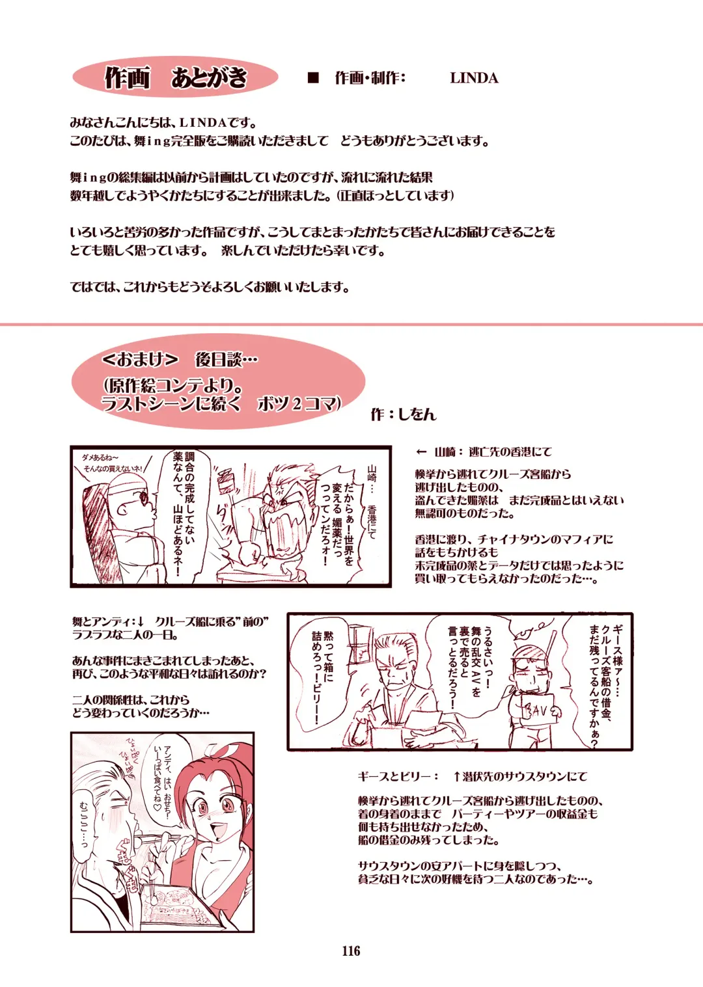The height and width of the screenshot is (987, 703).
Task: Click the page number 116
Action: click(x=351, y=951)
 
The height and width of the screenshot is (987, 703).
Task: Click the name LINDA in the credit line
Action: click(x=474, y=78)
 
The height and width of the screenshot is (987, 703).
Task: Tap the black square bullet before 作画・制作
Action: click(x=313, y=78)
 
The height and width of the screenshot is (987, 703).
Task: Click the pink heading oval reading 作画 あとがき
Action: click(x=176, y=77)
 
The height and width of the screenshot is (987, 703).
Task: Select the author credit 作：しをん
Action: click(x=404, y=414)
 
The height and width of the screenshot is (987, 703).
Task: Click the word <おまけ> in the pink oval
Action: click(x=140, y=358)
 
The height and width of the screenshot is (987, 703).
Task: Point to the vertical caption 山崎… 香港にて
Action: click(x=372, y=501)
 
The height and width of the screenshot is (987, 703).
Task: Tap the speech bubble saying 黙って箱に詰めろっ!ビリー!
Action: click(x=323, y=677)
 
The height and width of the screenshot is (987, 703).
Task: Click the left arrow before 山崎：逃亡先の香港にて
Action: click(x=422, y=452)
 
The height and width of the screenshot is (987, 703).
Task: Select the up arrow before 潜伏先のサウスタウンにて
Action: click(x=457, y=776)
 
